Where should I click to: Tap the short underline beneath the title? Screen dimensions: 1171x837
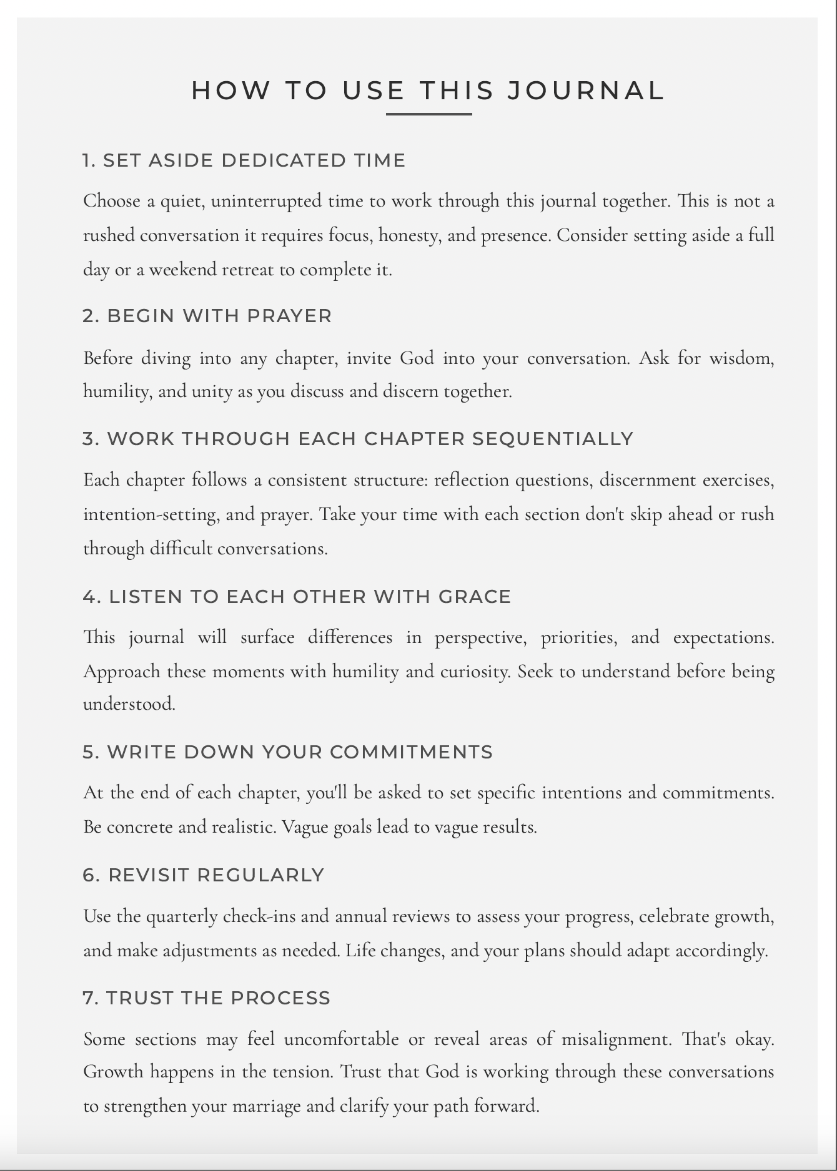[x=428, y=114]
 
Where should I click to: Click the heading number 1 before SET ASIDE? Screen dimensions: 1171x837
[x=89, y=160]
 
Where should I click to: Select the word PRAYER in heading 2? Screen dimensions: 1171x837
[x=289, y=316]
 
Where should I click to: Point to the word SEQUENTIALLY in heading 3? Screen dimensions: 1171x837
[x=553, y=439]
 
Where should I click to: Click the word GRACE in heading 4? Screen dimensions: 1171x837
[x=475, y=597]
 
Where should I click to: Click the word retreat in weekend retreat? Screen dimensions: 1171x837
[x=247, y=270]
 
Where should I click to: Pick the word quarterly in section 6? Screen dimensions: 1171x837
[x=182, y=917]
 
